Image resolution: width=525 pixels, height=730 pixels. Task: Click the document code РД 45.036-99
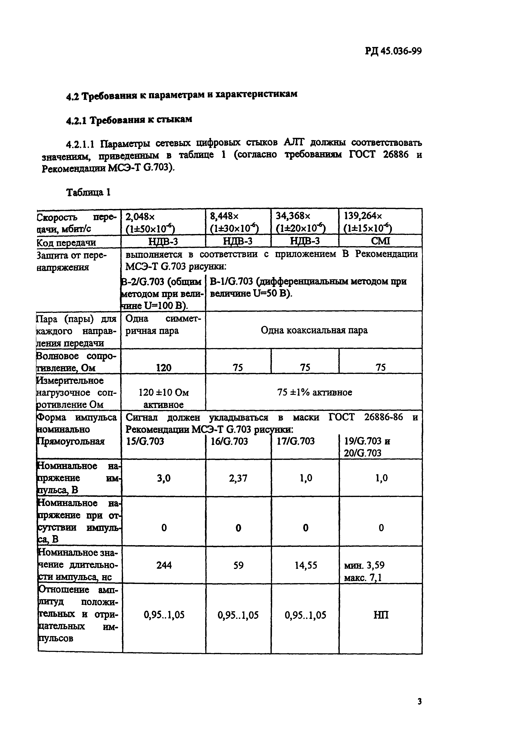(x=393, y=51)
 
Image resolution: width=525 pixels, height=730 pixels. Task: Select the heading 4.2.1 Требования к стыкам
(x=129, y=120)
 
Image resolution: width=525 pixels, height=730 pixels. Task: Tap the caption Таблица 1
(x=89, y=192)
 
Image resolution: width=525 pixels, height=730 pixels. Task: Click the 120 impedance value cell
(x=164, y=367)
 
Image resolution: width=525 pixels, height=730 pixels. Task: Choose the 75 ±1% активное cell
(x=314, y=392)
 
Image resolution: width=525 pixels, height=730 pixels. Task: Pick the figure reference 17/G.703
(x=296, y=441)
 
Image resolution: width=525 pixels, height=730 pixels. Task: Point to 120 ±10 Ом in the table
(x=164, y=392)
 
